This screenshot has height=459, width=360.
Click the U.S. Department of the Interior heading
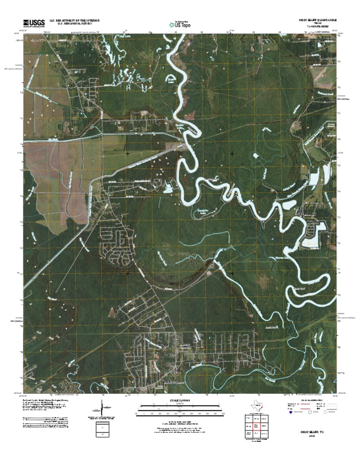[72, 21]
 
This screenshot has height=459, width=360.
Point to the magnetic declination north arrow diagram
[102, 409]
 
